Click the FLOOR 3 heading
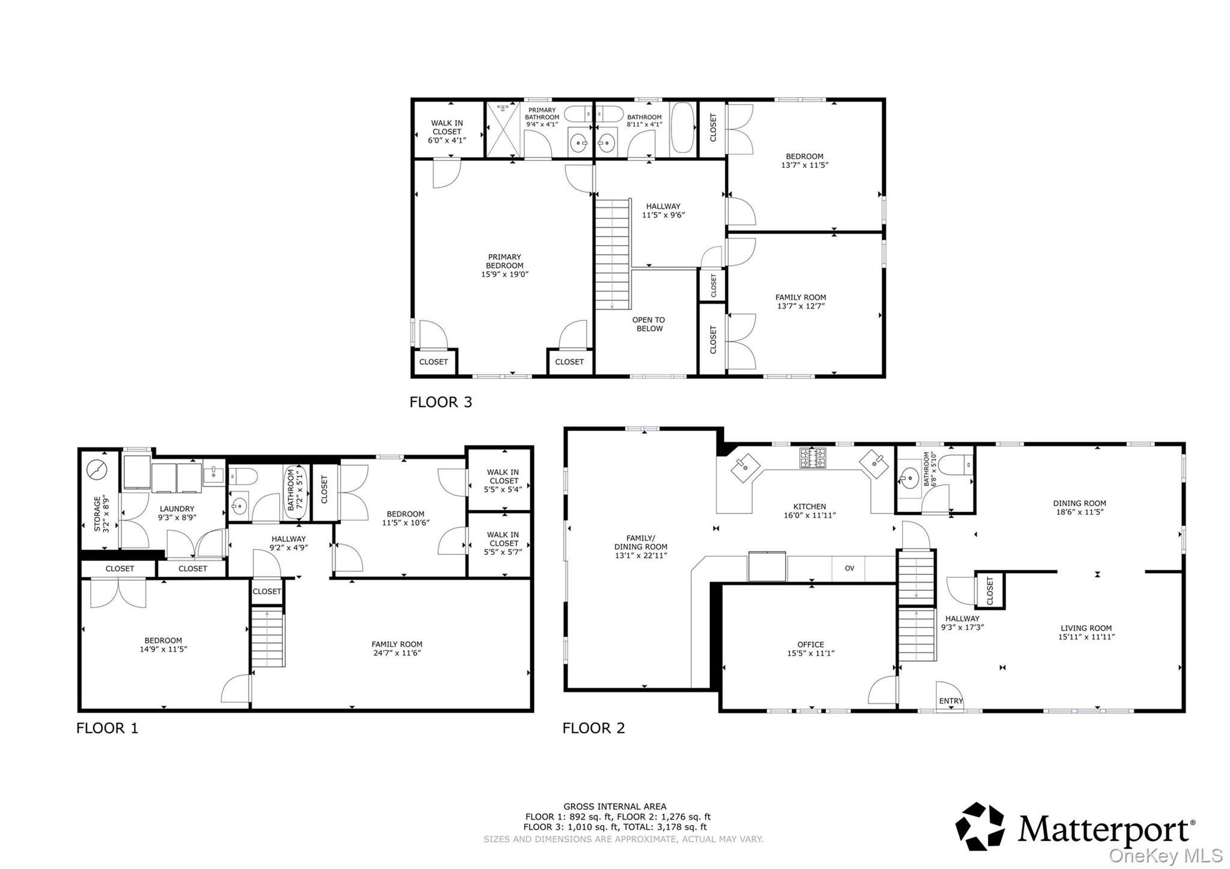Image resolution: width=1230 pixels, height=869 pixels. (440, 402)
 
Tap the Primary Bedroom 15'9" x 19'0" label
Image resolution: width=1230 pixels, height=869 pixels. (504, 265)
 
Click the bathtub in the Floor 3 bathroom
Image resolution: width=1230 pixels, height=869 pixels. (682, 127)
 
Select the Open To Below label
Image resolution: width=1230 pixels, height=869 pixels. (649, 324)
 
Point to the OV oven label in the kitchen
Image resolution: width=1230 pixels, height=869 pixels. (849, 568)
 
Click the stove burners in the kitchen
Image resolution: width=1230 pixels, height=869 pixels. (812, 458)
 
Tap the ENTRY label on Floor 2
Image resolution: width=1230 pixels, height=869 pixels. (951, 701)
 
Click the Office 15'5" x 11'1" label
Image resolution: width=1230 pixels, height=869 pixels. (810, 649)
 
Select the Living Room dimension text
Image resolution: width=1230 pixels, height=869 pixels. (1086, 637)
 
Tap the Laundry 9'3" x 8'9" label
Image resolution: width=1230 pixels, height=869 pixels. (177, 513)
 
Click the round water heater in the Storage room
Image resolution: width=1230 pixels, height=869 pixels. (96, 470)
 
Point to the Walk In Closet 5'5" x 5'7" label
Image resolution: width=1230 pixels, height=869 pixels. (503, 543)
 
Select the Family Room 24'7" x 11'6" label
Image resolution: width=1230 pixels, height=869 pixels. (396, 649)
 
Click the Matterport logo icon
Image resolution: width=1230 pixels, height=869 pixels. (980, 826)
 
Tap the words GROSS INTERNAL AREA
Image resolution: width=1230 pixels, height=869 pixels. (614, 807)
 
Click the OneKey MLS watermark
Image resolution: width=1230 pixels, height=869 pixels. (1165, 855)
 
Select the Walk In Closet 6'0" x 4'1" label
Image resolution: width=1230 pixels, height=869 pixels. (447, 132)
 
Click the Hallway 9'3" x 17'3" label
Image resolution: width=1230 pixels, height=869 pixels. (962, 623)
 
